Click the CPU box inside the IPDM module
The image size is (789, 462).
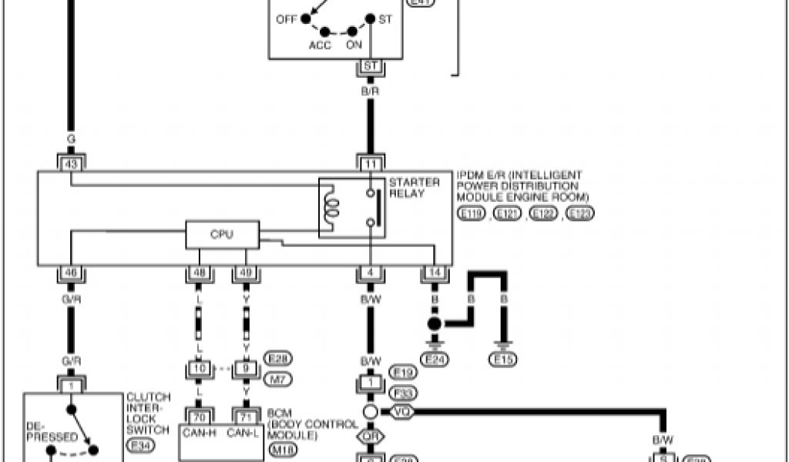click(x=222, y=235)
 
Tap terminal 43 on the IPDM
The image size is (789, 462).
click(x=71, y=162)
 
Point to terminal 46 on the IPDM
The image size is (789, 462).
click(x=71, y=273)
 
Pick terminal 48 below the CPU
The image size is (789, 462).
click(x=199, y=273)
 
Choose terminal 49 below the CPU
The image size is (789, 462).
click(x=247, y=273)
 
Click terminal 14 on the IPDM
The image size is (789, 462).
click(x=435, y=273)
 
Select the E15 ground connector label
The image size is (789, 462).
click(x=505, y=358)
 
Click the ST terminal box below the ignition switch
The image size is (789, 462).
click(x=370, y=66)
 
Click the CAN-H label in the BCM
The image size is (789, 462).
click(x=200, y=434)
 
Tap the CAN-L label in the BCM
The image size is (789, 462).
click(x=246, y=434)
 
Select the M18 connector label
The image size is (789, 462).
click(x=281, y=448)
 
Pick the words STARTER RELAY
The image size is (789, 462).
click(x=415, y=188)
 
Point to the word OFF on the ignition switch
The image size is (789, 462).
click(x=286, y=18)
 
